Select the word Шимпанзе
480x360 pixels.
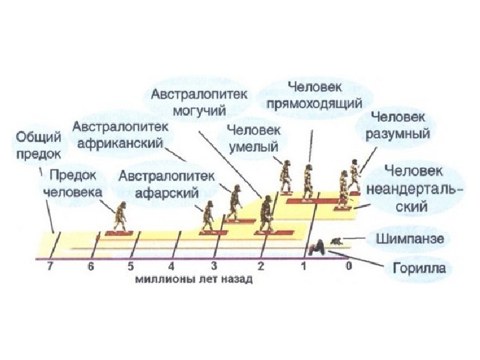click(410, 238)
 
